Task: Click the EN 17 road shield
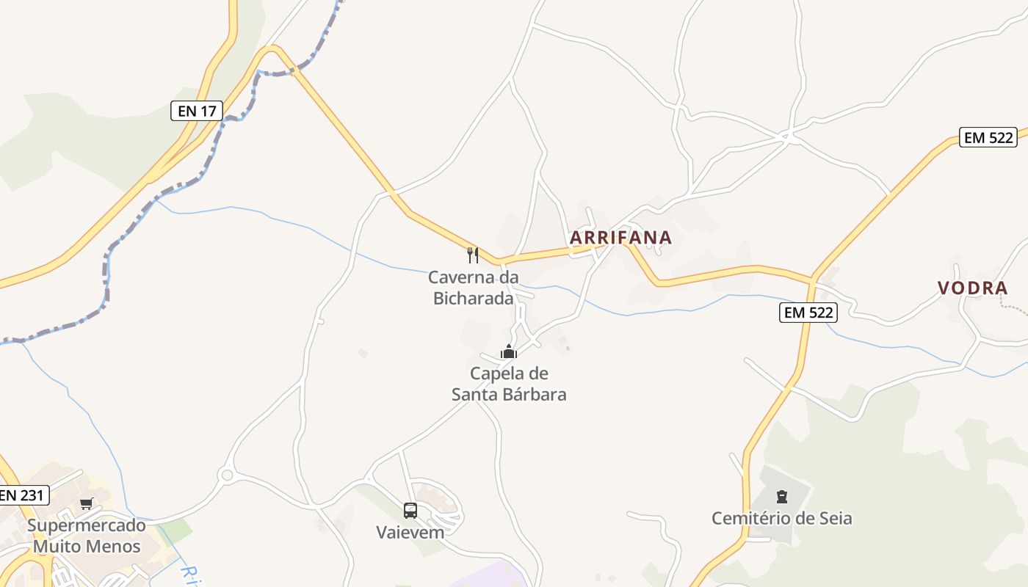(197, 111)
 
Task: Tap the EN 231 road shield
(22, 495)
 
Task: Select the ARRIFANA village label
(620, 237)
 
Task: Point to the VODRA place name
(972, 288)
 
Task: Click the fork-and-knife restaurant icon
(473, 255)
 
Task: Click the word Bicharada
(473, 298)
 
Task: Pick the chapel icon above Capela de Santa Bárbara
(508, 351)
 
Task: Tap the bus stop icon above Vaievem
(410, 510)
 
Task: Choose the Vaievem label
(410, 532)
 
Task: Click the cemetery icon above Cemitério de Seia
(781, 497)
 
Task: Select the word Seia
(835, 518)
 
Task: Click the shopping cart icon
(87, 503)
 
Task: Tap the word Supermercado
(87, 525)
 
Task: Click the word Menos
(115, 546)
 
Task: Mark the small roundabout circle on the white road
(227, 475)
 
